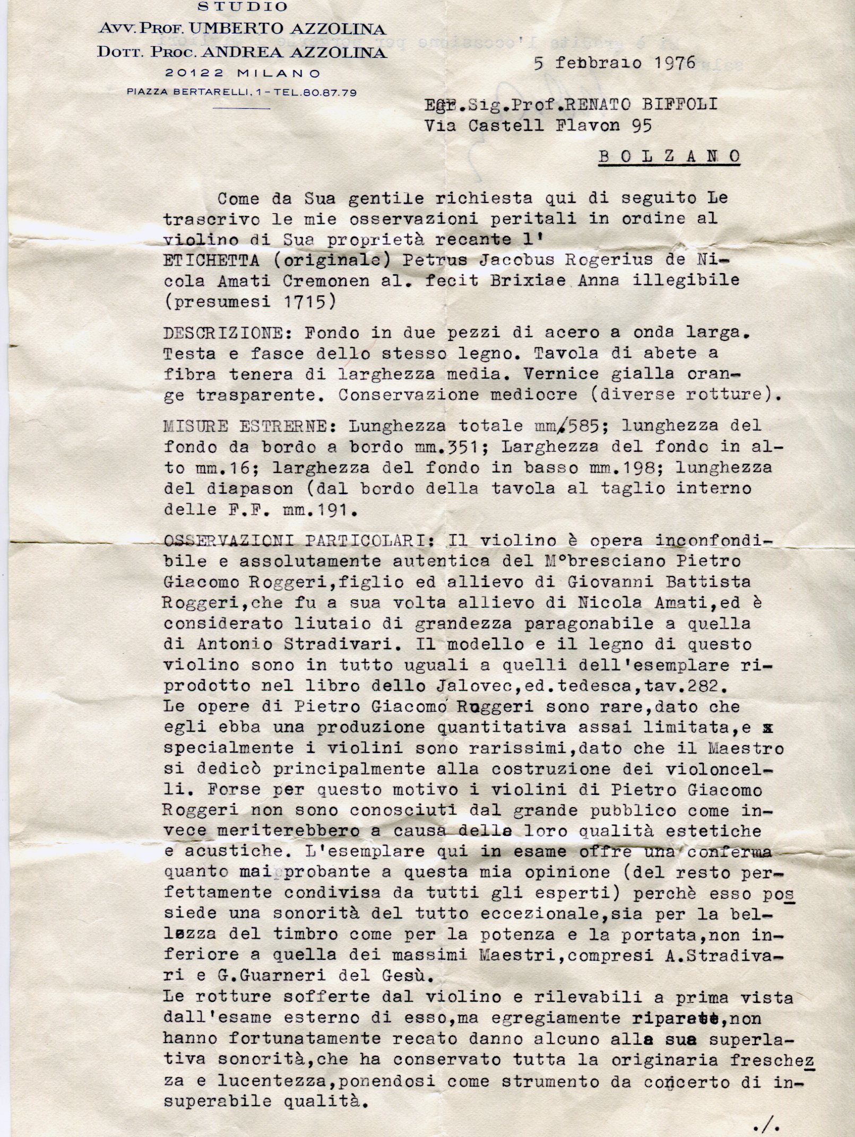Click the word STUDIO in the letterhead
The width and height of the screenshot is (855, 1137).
click(x=243, y=7)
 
